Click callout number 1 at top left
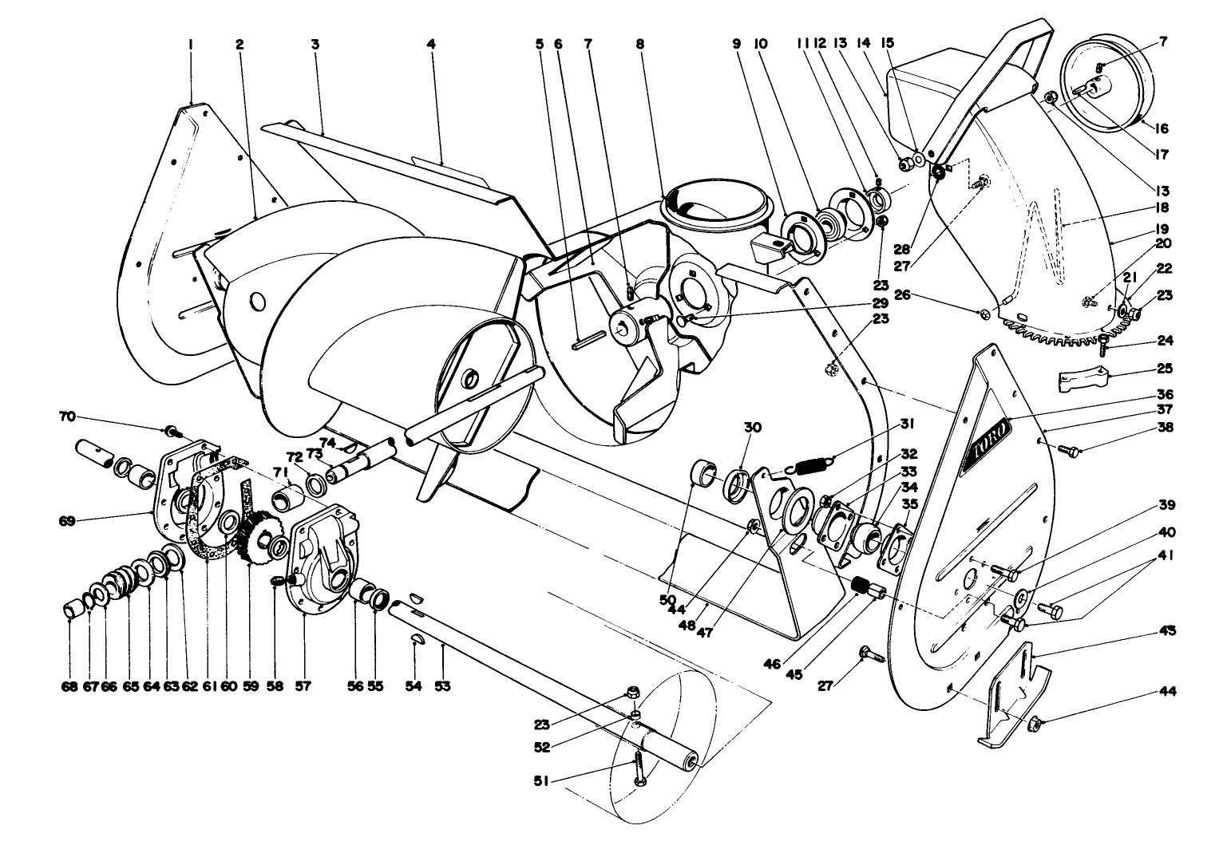[191, 45]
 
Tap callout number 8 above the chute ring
[639, 45]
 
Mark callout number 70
[67, 416]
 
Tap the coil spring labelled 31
[810, 462]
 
